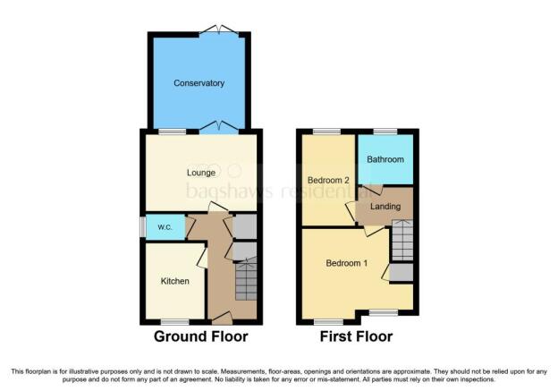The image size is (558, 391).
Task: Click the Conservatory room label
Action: coord(199,83)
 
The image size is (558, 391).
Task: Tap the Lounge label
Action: coord(201,173)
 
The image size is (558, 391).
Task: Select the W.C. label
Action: coord(165,227)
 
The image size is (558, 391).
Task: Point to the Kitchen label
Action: coord(174,281)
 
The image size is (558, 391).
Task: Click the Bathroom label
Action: coord(385,159)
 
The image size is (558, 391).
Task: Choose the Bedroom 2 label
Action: coord(328,180)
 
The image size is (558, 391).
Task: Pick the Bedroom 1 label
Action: coord(347,263)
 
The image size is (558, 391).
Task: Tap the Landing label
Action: coord(385,206)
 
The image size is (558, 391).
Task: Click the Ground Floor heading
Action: coord(201,336)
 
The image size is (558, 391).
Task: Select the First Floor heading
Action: coord(356,336)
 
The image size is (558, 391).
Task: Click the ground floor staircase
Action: coord(246,279)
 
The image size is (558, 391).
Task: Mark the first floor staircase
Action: coord(402,241)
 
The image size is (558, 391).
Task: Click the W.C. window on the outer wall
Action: coord(143,227)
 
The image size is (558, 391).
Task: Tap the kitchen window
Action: coord(174,322)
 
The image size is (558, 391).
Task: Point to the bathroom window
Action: coord(385,132)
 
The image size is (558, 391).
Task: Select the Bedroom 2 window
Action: coord(326,132)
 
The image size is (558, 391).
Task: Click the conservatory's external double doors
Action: coord(218,30)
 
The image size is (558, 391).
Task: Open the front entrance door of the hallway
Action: coord(222,318)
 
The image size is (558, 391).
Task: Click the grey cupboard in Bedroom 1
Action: coord(402,272)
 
